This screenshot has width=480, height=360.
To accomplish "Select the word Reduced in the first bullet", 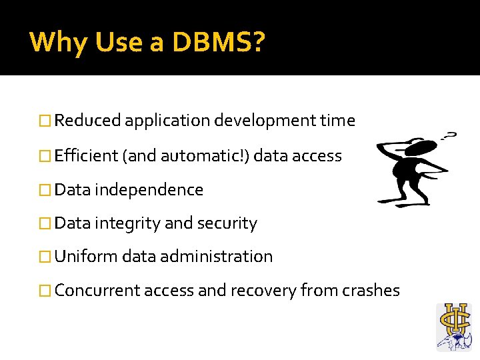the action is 88,121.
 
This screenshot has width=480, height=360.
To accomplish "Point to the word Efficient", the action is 87,156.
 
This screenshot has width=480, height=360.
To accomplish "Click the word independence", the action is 149,190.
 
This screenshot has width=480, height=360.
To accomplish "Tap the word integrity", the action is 127,223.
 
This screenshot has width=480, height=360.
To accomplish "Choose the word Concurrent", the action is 97,291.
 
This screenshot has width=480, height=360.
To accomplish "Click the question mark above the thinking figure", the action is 451,136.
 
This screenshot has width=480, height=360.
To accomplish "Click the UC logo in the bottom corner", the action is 453,326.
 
